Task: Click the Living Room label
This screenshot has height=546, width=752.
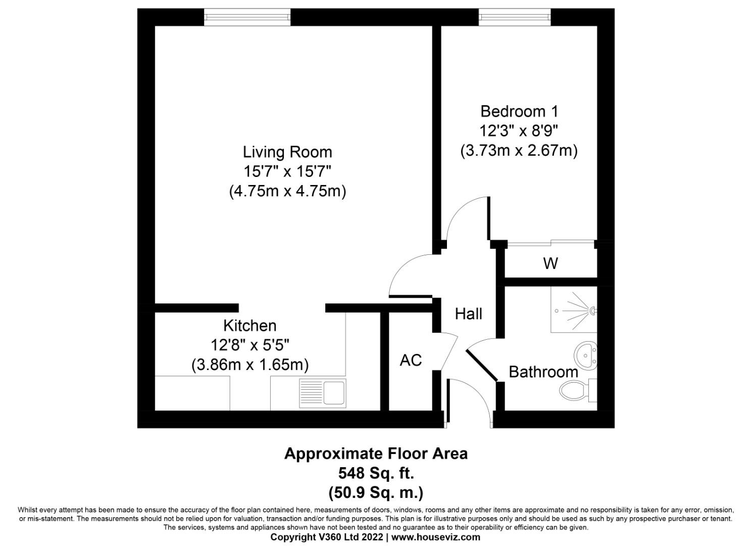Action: pos(287,152)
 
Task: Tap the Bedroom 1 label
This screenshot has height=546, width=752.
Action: pos(519,111)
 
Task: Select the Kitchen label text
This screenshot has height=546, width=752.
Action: pos(249,325)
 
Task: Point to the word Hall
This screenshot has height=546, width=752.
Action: pos(468,314)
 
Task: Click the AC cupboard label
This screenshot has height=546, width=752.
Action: pos(411,360)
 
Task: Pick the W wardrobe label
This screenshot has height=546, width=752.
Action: pos(550,263)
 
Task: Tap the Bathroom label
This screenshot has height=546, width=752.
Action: pos(543,372)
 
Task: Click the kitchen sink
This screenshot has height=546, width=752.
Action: pos(323,393)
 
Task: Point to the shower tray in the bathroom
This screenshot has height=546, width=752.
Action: pos(574,309)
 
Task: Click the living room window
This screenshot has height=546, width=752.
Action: pos(247,18)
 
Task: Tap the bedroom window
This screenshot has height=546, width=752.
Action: pos(514,18)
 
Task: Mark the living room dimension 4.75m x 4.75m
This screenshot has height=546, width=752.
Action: pos(287,192)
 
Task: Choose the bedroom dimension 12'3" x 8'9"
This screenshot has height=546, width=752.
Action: pos(519,131)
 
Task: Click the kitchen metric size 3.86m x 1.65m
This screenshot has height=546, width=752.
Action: pos(249,365)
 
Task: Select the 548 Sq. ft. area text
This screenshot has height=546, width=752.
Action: pos(376,473)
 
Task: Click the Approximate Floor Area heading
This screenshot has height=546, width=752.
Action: pos(376,453)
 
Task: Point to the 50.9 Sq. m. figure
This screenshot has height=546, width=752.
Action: pos(376,492)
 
